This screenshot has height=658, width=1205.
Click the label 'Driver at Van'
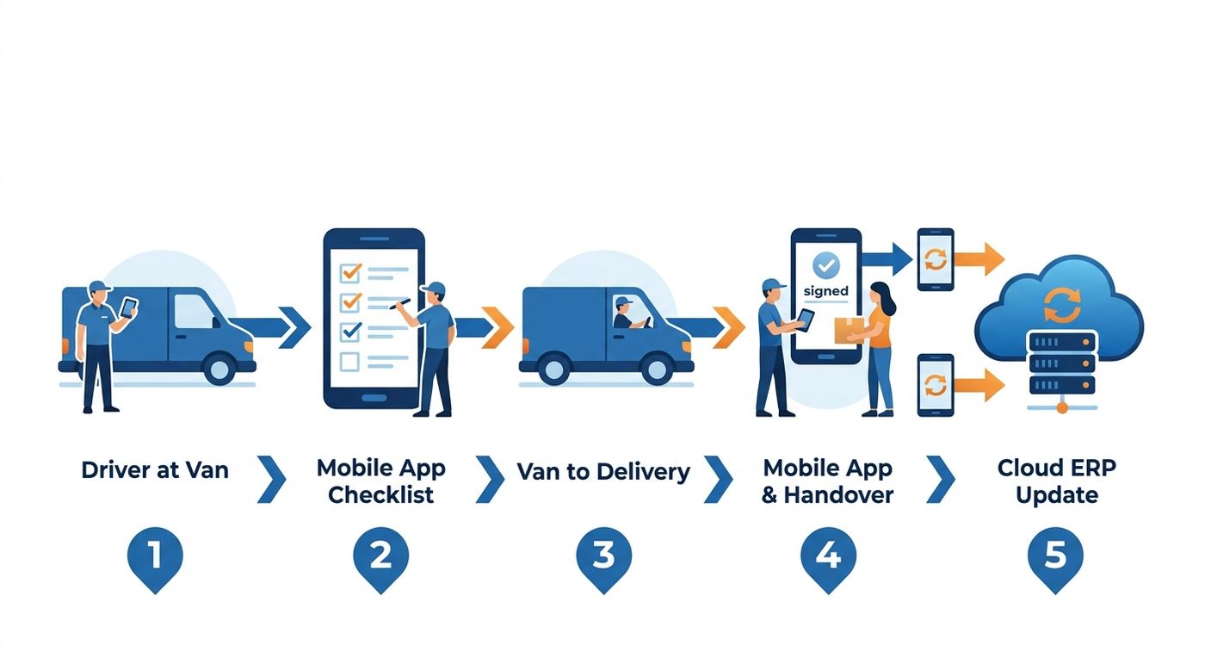coord(155,470)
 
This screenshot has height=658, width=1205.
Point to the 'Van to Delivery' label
coord(603,472)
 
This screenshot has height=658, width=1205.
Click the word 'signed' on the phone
coord(825,291)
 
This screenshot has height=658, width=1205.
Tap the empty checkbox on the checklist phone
coord(349,362)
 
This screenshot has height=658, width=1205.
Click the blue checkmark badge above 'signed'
coord(825,265)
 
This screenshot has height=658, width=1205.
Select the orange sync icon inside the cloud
coord(1062,305)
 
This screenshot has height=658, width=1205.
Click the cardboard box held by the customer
coord(849,330)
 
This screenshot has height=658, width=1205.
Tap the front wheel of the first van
coord(219,369)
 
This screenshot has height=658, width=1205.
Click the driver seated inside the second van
coord(625,313)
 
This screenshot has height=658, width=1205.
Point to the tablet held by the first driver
coord(128,307)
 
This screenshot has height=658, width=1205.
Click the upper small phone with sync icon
coord(936,259)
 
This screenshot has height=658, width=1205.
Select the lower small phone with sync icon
coord(936,385)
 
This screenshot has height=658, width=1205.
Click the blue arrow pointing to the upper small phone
coord(887,259)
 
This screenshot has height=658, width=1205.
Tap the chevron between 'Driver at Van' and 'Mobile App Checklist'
coord(272,479)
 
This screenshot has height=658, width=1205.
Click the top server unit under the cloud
coord(1062,342)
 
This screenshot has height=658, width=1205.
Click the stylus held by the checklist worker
coord(399,304)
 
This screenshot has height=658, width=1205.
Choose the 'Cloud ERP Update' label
coord(1057,481)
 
